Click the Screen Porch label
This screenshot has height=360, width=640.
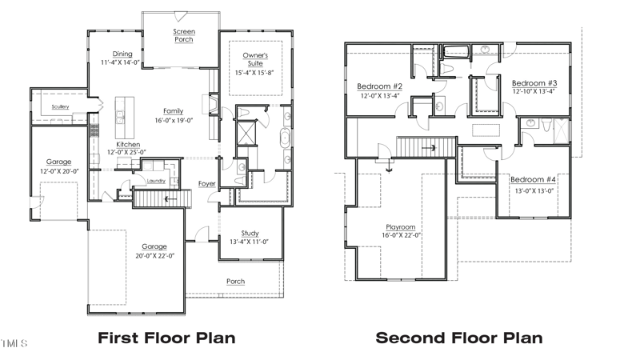point(184,35)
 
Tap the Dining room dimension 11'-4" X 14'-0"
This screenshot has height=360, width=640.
point(121,63)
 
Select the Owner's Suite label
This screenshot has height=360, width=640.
point(255,59)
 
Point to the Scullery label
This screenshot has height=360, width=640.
point(61,107)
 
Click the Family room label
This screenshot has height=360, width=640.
point(174,111)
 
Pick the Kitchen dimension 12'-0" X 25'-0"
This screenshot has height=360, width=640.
point(126,152)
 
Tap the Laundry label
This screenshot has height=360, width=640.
point(156,181)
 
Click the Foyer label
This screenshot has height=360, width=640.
point(207,184)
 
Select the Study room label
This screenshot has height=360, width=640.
point(250,234)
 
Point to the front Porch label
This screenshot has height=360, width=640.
point(236,282)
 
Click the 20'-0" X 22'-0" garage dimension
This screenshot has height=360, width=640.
point(155,256)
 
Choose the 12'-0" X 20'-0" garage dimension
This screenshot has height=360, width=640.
point(59,171)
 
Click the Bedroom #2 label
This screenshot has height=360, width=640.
point(379,86)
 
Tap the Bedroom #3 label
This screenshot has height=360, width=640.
point(534,83)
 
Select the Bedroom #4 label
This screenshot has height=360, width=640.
point(533,179)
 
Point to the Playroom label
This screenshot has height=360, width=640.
point(401,227)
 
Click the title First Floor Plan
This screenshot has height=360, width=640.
point(166,338)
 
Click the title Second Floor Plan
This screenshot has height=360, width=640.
point(459,338)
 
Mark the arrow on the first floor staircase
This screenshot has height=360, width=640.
point(171,199)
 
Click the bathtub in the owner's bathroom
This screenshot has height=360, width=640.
point(285,138)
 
